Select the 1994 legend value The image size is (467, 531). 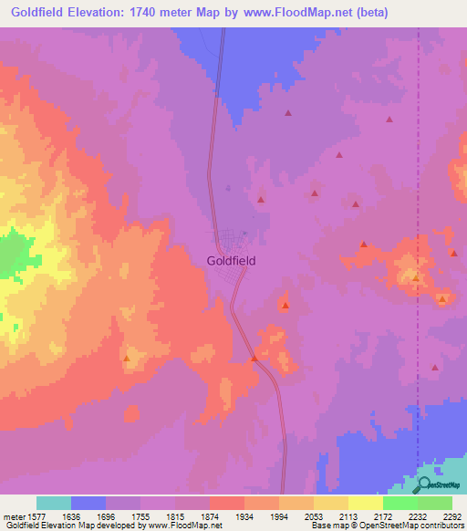[278, 515]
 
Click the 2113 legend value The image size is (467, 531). [348, 515]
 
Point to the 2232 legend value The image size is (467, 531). [418, 515]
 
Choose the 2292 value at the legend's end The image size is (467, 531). [452, 515]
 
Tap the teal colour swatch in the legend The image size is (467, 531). [54, 503]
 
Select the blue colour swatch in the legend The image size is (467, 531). [88, 503]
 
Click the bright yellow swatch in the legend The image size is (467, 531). [365, 503]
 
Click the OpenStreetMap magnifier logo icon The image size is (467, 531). [424, 484]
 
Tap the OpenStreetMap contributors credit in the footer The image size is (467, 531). [414, 526]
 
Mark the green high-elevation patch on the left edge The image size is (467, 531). [11, 254]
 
